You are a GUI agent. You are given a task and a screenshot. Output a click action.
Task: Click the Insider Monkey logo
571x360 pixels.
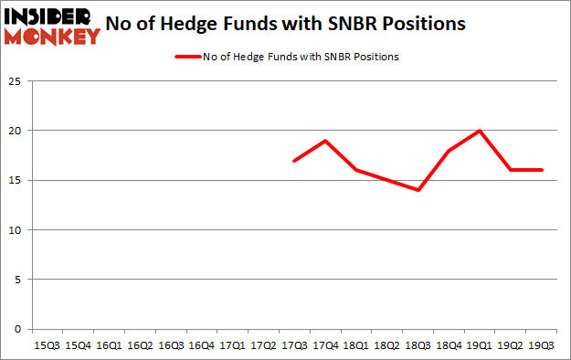(x=52, y=26)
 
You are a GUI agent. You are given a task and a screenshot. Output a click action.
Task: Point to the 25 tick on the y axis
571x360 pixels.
(x=15, y=81)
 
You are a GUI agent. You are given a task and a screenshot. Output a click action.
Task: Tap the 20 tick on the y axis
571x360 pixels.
(x=15, y=131)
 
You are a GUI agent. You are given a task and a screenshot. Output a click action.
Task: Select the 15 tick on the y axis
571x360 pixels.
(x=15, y=180)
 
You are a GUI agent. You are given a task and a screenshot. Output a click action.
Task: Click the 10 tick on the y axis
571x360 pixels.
(x=15, y=230)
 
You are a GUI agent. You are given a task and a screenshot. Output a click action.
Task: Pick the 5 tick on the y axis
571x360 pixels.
(x=17, y=280)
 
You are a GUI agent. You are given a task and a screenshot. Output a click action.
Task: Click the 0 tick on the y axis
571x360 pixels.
(x=17, y=329)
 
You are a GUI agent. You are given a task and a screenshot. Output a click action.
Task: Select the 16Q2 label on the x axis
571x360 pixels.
(x=139, y=344)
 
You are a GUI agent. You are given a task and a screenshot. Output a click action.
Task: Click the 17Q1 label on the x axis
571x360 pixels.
(x=231, y=344)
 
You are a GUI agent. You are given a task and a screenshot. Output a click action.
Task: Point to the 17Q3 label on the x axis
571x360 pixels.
(x=293, y=344)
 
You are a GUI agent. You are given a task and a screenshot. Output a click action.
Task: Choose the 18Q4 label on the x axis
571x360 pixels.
(x=448, y=344)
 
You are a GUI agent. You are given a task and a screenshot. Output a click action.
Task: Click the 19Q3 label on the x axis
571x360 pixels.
(x=541, y=344)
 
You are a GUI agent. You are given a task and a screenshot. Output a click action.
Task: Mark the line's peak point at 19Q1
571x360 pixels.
(x=479, y=131)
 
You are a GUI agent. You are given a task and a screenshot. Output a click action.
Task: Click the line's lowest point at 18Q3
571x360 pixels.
(x=418, y=190)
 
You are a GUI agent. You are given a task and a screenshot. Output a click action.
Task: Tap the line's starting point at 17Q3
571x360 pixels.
(x=293, y=161)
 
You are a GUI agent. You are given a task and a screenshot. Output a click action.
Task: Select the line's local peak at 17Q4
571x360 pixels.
(x=324, y=141)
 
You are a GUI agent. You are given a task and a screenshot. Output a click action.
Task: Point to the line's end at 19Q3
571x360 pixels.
(x=541, y=170)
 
